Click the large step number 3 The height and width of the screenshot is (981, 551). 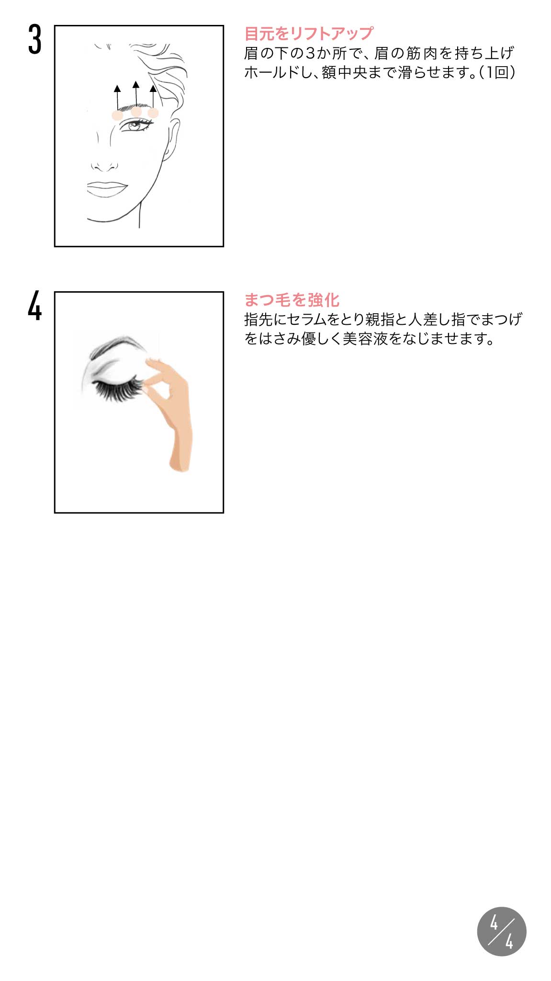(34, 40)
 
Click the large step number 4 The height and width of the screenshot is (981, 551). (34, 306)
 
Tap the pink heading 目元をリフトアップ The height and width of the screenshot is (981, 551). (309, 34)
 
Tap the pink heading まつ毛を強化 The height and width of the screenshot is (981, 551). (292, 300)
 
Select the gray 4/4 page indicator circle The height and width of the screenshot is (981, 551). (502, 931)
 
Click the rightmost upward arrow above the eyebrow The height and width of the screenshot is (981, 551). (153, 97)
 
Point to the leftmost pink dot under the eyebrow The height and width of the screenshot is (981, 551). (117, 115)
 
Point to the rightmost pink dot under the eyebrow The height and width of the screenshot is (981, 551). (153, 113)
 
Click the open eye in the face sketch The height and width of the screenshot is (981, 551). (136, 125)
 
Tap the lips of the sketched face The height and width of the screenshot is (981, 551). (107, 189)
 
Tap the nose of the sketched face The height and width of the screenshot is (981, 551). (104, 166)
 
